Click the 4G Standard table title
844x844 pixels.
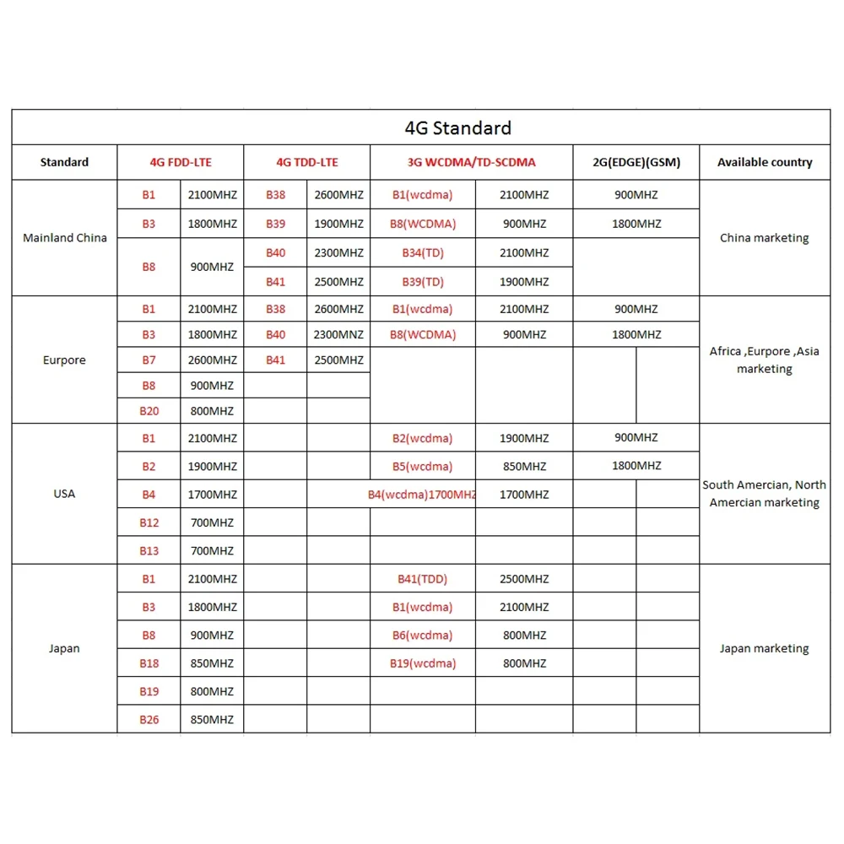tap(457, 128)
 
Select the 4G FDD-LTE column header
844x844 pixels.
tap(181, 162)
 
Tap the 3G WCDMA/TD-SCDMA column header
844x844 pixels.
tap(470, 162)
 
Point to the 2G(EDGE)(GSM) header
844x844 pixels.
tap(636, 162)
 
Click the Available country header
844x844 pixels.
tap(765, 162)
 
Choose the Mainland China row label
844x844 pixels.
tap(65, 238)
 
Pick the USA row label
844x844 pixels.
tap(64, 494)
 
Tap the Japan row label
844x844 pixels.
tap(64, 648)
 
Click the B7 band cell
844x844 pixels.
tap(149, 360)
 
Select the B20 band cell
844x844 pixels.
tap(149, 411)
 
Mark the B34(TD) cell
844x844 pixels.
tap(423, 252)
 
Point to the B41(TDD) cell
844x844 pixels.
tap(423, 579)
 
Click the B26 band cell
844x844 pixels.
tap(149, 720)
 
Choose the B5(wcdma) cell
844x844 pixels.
tap(423, 466)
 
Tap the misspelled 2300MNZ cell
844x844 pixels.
tap(338, 334)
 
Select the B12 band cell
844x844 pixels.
tap(149, 522)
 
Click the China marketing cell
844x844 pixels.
tap(765, 238)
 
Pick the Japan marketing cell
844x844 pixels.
tap(765, 648)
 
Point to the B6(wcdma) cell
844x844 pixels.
tap(423, 636)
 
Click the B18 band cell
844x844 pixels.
tap(149, 663)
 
